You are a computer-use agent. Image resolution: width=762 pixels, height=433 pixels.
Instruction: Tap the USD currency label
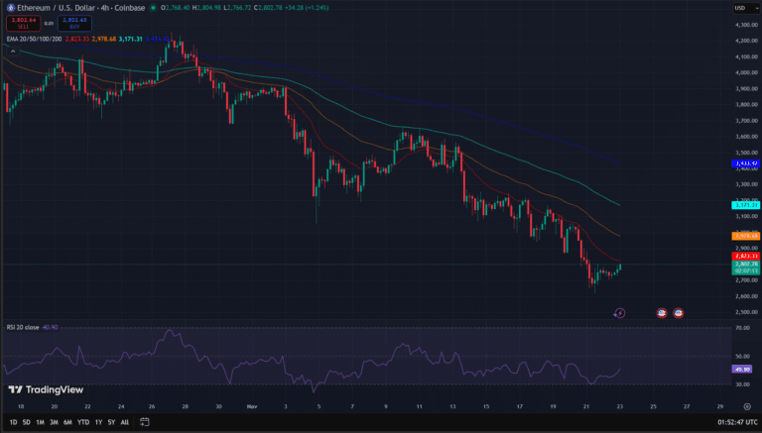pyautogui.click(x=739, y=8)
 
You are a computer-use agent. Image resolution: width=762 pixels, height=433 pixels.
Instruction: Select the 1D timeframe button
pyautogui.click(x=11, y=421)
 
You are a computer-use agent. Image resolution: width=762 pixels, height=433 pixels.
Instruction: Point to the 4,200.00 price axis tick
pyautogui.click(x=743, y=40)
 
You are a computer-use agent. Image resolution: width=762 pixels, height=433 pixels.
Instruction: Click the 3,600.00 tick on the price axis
pyautogui.click(x=743, y=136)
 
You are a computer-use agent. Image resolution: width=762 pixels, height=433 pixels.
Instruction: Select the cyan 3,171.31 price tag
pyautogui.click(x=745, y=205)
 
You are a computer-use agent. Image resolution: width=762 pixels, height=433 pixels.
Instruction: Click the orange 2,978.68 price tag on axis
pyautogui.click(x=745, y=236)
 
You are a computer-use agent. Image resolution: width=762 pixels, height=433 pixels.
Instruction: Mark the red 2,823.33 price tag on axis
pyautogui.click(x=745, y=255)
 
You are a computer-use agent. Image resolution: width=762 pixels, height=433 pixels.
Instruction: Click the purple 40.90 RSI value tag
pyautogui.click(x=743, y=370)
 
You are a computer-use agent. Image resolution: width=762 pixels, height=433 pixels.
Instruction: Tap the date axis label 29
pyautogui.click(x=719, y=407)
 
